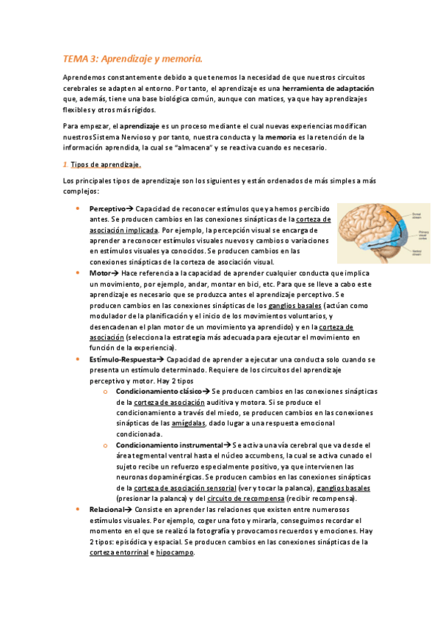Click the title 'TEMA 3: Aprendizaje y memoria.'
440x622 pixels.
pos(132,58)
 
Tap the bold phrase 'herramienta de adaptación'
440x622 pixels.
pos(324,89)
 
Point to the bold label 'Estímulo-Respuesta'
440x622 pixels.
pos(122,359)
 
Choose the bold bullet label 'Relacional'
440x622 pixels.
pos(107,510)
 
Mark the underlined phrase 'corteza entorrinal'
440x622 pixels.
pos(118,552)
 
